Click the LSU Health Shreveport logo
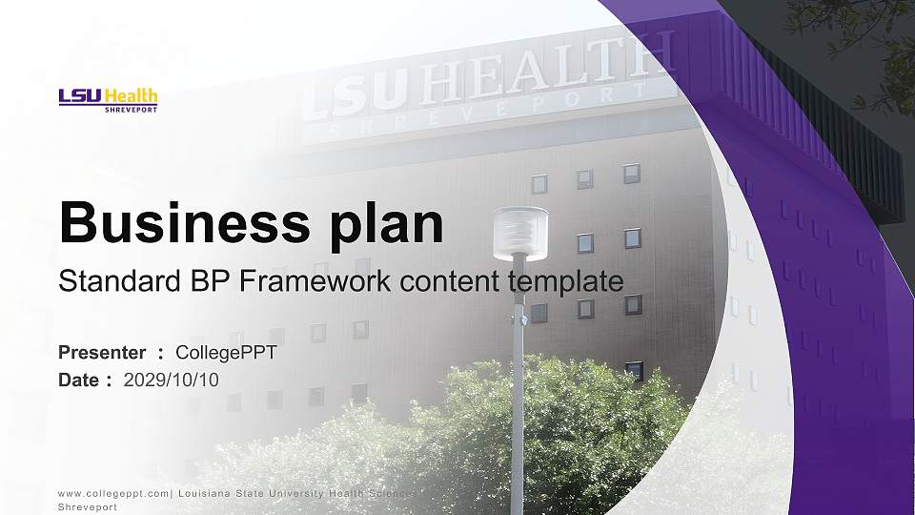pyautogui.click(x=108, y=99)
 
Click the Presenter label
pyautogui.click(x=102, y=353)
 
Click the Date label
pyautogui.click(x=79, y=380)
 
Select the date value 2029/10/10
pyautogui.click(x=172, y=380)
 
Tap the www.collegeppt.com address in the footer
pyautogui.click(x=113, y=493)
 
